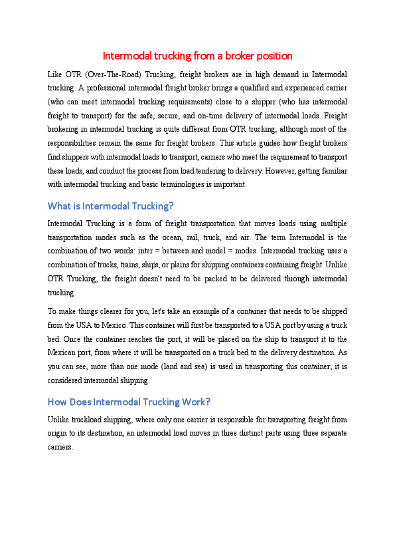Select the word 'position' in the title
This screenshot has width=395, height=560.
pyautogui.click(x=274, y=56)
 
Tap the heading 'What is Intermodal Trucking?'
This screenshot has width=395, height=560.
pyautogui.click(x=111, y=206)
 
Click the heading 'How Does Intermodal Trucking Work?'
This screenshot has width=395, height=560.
pyautogui.click(x=129, y=402)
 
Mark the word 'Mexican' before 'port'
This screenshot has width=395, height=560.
pyautogui.click(x=64, y=353)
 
